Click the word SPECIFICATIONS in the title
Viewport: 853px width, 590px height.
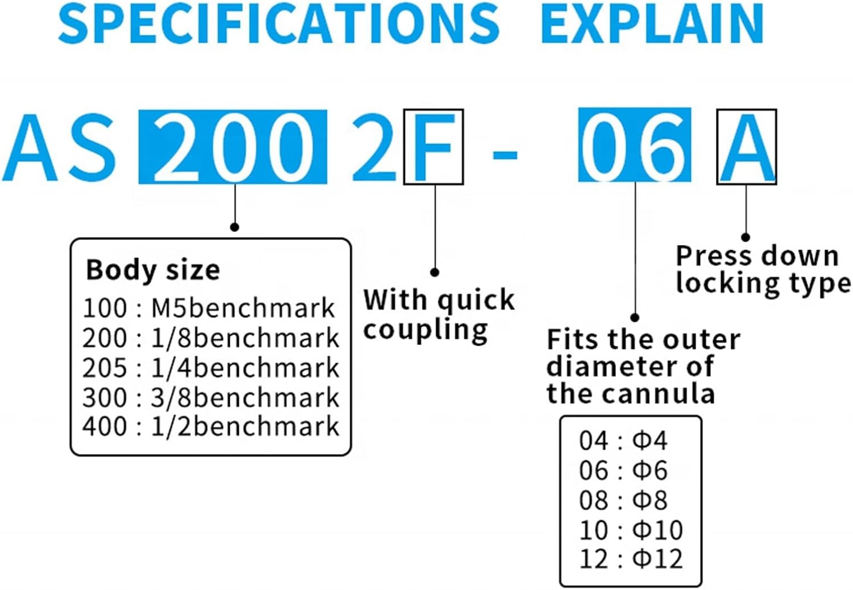point(279,24)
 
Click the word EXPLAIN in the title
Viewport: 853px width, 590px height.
point(652,24)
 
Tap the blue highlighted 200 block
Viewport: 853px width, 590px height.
point(233,147)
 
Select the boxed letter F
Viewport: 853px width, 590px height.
point(433,147)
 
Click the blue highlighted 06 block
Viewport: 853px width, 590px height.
point(634,146)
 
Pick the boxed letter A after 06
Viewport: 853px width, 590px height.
point(746,147)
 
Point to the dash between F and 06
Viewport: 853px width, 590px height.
point(504,154)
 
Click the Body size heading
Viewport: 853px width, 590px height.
point(152,269)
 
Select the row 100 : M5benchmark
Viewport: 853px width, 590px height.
point(209,308)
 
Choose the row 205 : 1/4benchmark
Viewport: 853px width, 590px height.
point(210,368)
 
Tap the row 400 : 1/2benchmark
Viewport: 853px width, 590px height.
point(210,426)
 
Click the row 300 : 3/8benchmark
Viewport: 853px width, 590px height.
point(210,397)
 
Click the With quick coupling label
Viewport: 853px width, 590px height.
point(438,314)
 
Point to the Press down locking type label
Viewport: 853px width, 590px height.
point(762,269)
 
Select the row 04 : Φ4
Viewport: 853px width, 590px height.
point(623,441)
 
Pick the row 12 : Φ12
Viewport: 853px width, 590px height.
point(631,559)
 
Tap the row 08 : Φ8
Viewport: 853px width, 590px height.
point(623,500)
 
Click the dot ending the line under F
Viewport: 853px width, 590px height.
point(434,272)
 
